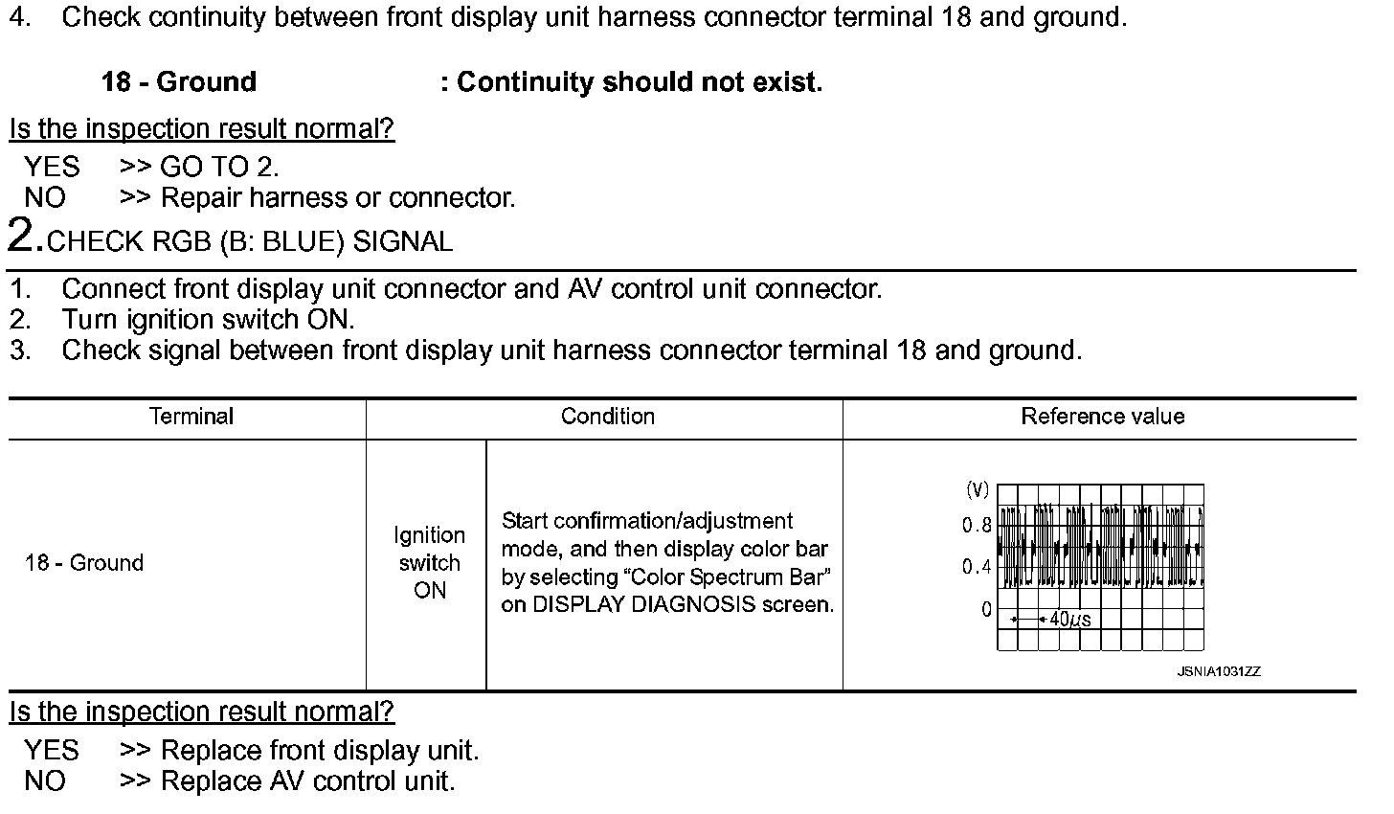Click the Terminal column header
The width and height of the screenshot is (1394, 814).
[191, 417]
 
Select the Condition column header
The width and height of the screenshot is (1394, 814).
[607, 417]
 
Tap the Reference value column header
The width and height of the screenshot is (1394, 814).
[1102, 417]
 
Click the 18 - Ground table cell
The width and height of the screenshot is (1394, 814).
[84, 563]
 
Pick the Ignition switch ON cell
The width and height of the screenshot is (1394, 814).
[429, 563]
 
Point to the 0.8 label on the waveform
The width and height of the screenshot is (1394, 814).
[977, 526]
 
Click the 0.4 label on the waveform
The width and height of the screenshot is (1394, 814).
[977, 567]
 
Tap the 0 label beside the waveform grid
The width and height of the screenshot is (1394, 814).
[986, 609]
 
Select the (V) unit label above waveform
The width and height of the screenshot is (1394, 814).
[977, 490]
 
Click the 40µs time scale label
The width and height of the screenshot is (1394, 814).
[1069, 620]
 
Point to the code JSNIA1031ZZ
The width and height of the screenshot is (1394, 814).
[1218, 671]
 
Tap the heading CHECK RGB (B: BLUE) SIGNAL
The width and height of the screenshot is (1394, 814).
[249, 241]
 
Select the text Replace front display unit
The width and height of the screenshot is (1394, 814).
[320, 751]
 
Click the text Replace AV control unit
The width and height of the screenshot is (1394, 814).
[307, 781]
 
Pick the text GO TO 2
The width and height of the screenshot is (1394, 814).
[219, 168]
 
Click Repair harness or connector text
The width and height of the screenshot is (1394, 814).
[338, 198]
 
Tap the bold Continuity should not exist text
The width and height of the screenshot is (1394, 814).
[639, 82]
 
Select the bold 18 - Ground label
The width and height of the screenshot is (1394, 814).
[179, 82]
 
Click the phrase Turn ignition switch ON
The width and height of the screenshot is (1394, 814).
[208, 319]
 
